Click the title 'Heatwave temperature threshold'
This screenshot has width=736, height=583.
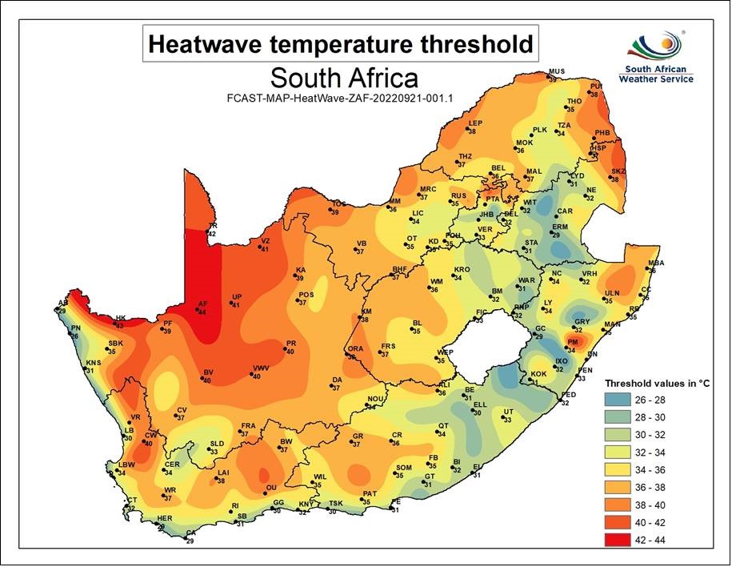(341, 43)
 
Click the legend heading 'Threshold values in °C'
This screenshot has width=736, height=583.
(657, 383)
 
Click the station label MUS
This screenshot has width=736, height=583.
(556, 73)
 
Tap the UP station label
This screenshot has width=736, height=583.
(236, 298)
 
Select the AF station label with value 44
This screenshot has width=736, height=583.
(202, 304)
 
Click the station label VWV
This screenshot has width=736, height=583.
(261, 368)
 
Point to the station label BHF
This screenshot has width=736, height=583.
(400, 269)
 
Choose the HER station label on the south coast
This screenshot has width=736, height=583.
(165, 519)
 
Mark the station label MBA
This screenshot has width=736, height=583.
(656, 263)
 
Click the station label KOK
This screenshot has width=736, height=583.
(538, 374)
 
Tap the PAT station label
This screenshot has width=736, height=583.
(370, 494)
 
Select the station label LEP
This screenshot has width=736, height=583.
(475, 123)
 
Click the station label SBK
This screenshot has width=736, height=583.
(115, 344)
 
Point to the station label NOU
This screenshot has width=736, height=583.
(375, 399)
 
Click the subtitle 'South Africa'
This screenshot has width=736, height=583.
(344, 78)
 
